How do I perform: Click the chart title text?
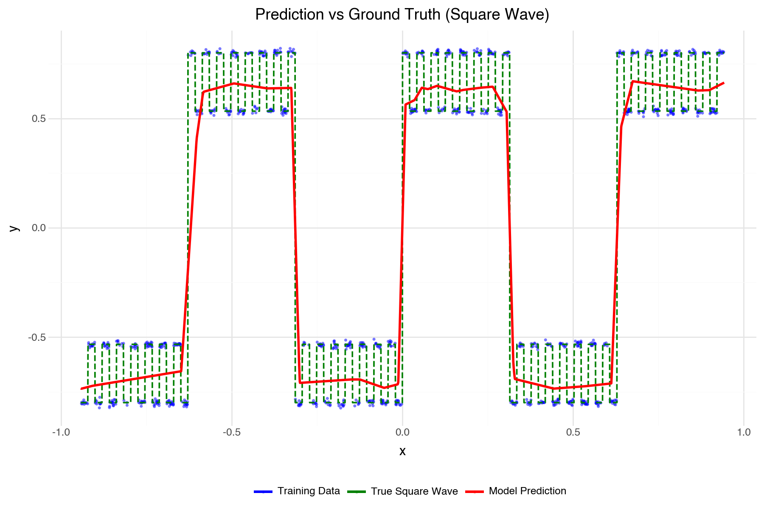402,15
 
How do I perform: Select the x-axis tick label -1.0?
61,433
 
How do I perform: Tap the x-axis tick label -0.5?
232,433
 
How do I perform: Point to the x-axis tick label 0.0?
402,433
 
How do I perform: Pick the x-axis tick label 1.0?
744,433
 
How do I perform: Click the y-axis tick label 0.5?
39,119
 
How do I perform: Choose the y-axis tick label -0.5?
37,337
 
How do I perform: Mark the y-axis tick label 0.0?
39,228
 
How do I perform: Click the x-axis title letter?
402,451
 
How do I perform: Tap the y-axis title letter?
14,228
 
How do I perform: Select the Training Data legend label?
309,491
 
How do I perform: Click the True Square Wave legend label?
414,491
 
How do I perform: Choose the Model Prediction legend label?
527,491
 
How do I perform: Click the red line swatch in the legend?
475,492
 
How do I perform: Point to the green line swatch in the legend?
357,492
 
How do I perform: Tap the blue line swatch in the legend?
263,492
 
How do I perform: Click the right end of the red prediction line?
723,83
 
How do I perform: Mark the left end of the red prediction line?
81,388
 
